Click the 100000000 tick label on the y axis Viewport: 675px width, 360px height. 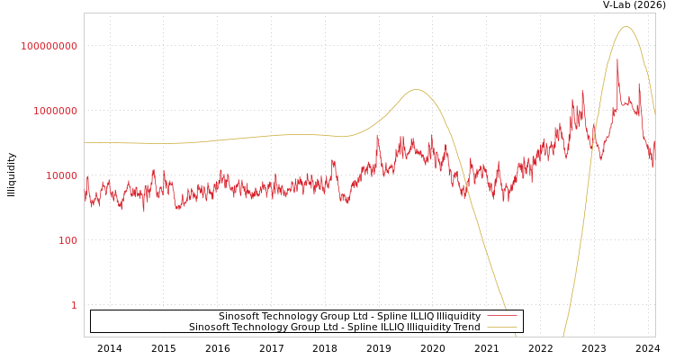click(49, 46)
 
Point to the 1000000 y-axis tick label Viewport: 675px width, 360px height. click(56, 111)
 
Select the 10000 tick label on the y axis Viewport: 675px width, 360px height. click(62, 175)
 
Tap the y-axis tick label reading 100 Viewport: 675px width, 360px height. click(68, 240)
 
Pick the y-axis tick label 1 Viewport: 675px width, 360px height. click(75, 305)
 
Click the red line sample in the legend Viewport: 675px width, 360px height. click(502, 316)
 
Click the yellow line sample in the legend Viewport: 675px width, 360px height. click(502, 328)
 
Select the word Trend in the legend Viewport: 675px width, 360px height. click(466, 328)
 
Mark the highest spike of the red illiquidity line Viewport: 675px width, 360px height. click(617, 60)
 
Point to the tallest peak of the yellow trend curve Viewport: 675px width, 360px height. click(626, 27)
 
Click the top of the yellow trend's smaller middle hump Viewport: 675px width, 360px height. click(415, 90)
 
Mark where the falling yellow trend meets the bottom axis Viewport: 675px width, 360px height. click(516, 336)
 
